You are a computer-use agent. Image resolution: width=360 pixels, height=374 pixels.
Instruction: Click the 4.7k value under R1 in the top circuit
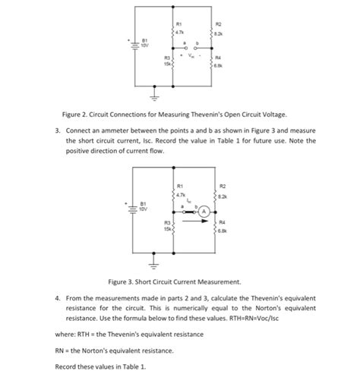coord(178,31)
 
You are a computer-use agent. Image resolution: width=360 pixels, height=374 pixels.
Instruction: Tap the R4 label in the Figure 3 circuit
coord(223,222)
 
